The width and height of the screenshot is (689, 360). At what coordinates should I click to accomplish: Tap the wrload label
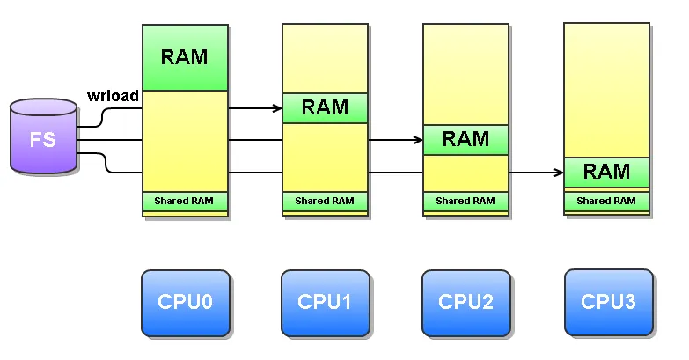tap(113, 96)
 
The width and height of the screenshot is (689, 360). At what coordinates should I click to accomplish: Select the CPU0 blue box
tap(186, 303)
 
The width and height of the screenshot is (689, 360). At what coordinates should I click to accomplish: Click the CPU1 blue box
tap(325, 303)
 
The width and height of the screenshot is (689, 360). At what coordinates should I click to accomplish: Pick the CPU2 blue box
tap(465, 303)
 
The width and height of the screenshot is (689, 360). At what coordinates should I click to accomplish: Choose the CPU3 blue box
tap(608, 303)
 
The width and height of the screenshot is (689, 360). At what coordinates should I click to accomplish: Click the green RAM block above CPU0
tap(185, 58)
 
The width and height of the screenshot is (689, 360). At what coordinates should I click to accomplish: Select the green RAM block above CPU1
tap(325, 108)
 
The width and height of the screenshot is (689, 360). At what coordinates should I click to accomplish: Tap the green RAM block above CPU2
tap(465, 139)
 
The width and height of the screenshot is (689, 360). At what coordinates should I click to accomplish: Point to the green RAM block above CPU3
tap(606, 172)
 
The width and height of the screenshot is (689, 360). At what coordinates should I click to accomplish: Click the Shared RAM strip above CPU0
tap(185, 202)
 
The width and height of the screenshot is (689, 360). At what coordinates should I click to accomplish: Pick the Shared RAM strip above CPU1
tap(325, 202)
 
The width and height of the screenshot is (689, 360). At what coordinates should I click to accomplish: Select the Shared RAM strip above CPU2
tap(465, 202)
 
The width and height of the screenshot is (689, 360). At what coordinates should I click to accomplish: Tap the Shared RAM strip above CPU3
tap(606, 202)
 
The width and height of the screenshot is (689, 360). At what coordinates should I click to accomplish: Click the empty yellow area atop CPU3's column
tap(606, 88)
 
